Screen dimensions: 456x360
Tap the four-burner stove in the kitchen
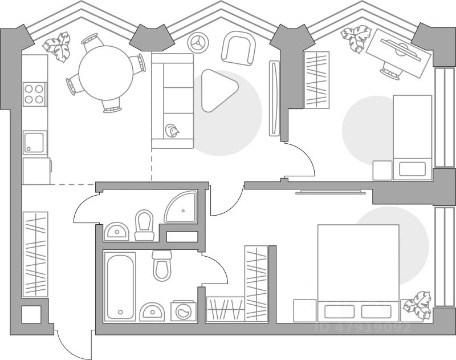[x=35, y=94]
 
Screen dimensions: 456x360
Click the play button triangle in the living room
[x=218, y=90]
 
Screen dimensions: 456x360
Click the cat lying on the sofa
[x=172, y=131]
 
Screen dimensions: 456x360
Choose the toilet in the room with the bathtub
[x=162, y=265]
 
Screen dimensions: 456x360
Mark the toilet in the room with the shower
[x=144, y=225]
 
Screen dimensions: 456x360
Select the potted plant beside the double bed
[x=417, y=306]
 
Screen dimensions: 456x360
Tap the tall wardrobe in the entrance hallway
[x=35, y=254]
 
